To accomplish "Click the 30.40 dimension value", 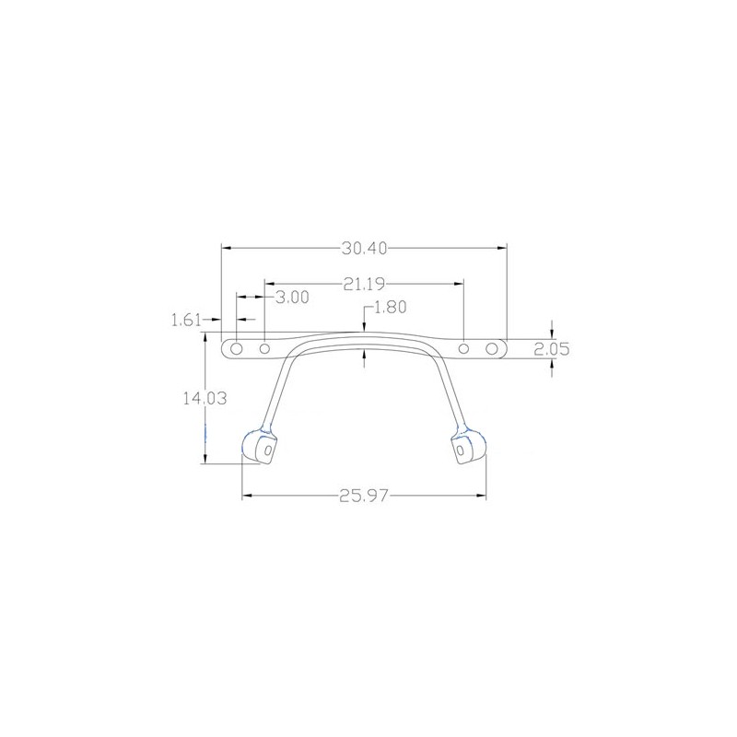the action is pos(364,248).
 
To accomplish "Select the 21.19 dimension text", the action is pos(364,284).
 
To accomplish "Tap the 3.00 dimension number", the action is pos(292,297).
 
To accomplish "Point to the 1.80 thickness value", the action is pos(390,307).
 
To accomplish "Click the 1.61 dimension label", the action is pos(186,321).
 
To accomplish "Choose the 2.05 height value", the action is pos(552,349).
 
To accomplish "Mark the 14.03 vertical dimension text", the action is pos(205,399).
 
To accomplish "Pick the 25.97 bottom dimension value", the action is pos(364,496).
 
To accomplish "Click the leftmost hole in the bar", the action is pos(237,349).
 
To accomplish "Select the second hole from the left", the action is pos(265,349).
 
